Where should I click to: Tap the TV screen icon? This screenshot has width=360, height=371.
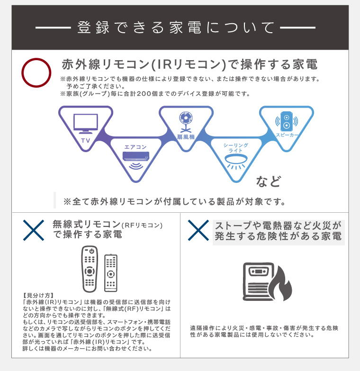pos(86,124)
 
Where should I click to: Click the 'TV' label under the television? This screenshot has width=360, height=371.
pos(86,141)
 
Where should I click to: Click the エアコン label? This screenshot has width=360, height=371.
pos(135,147)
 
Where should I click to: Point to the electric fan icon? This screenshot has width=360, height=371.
pos(186,122)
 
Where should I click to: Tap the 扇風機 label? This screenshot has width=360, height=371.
pos(186,137)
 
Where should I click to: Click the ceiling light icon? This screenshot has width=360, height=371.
pos(236,163)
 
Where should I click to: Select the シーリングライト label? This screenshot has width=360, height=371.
pos(236,148)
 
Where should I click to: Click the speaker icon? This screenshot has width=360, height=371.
pos(287,121)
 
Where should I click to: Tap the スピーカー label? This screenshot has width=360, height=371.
pos(287,135)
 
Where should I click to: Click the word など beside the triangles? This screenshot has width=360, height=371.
pos(269,181)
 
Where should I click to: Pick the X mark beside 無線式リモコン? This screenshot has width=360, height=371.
pos(34,230)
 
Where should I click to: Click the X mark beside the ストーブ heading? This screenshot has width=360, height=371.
pos(198,230)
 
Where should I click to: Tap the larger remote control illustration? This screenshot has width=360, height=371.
pos(90,269)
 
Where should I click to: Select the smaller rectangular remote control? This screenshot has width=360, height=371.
pos(111,273)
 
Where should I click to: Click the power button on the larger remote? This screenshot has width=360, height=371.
pos(92,251)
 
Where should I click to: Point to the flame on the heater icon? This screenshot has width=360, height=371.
pos(282,284)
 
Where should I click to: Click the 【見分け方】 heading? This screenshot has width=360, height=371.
pos(38,295)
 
